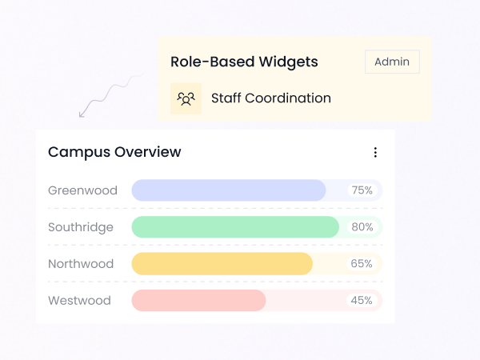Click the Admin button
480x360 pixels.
pyautogui.click(x=392, y=62)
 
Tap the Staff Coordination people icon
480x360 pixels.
pyautogui.click(x=186, y=98)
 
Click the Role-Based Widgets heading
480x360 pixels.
pyautogui.click(x=244, y=62)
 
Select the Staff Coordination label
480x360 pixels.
pyautogui.click(x=270, y=98)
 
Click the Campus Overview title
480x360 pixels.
pyautogui.click(x=114, y=152)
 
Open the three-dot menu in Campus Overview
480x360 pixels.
pyautogui.click(x=375, y=152)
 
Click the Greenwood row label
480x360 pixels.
pyautogui.click(x=82, y=190)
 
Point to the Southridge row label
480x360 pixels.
pyautogui.click(x=81, y=227)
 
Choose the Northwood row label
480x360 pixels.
pyautogui.click(x=81, y=264)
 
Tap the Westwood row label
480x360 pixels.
pyautogui.click(x=79, y=301)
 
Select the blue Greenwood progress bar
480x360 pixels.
pyautogui.click(x=228, y=190)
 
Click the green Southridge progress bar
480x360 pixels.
pyautogui.click(x=235, y=227)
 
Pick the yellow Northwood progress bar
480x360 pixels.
pyautogui.click(x=222, y=264)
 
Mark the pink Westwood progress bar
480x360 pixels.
pyautogui.click(x=198, y=301)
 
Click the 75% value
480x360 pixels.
pyautogui.click(x=362, y=190)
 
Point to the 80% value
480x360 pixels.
pyautogui.click(x=362, y=227)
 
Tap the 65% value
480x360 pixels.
pyautogui.click(x=362, y=264)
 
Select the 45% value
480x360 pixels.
pyautogui.click(x=362, y=301)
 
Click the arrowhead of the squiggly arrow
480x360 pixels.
pyautogui.click(x=82, y=114)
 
